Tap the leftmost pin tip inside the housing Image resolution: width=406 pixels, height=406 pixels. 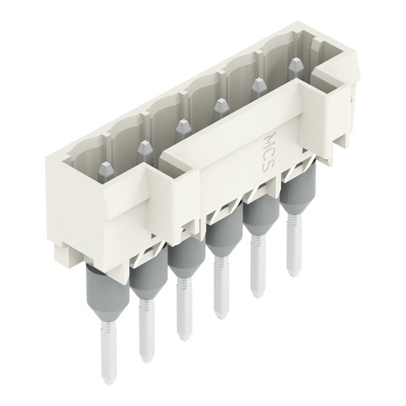click(106, 169)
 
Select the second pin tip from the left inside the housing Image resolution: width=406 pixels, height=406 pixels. click(145, 148)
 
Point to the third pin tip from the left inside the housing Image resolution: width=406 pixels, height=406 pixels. click(182, 125)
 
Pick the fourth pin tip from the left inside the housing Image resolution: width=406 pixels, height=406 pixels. click(220, 105)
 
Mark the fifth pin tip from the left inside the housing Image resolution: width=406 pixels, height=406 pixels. click(257, 84)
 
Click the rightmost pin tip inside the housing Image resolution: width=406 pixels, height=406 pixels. click(293, 63)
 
